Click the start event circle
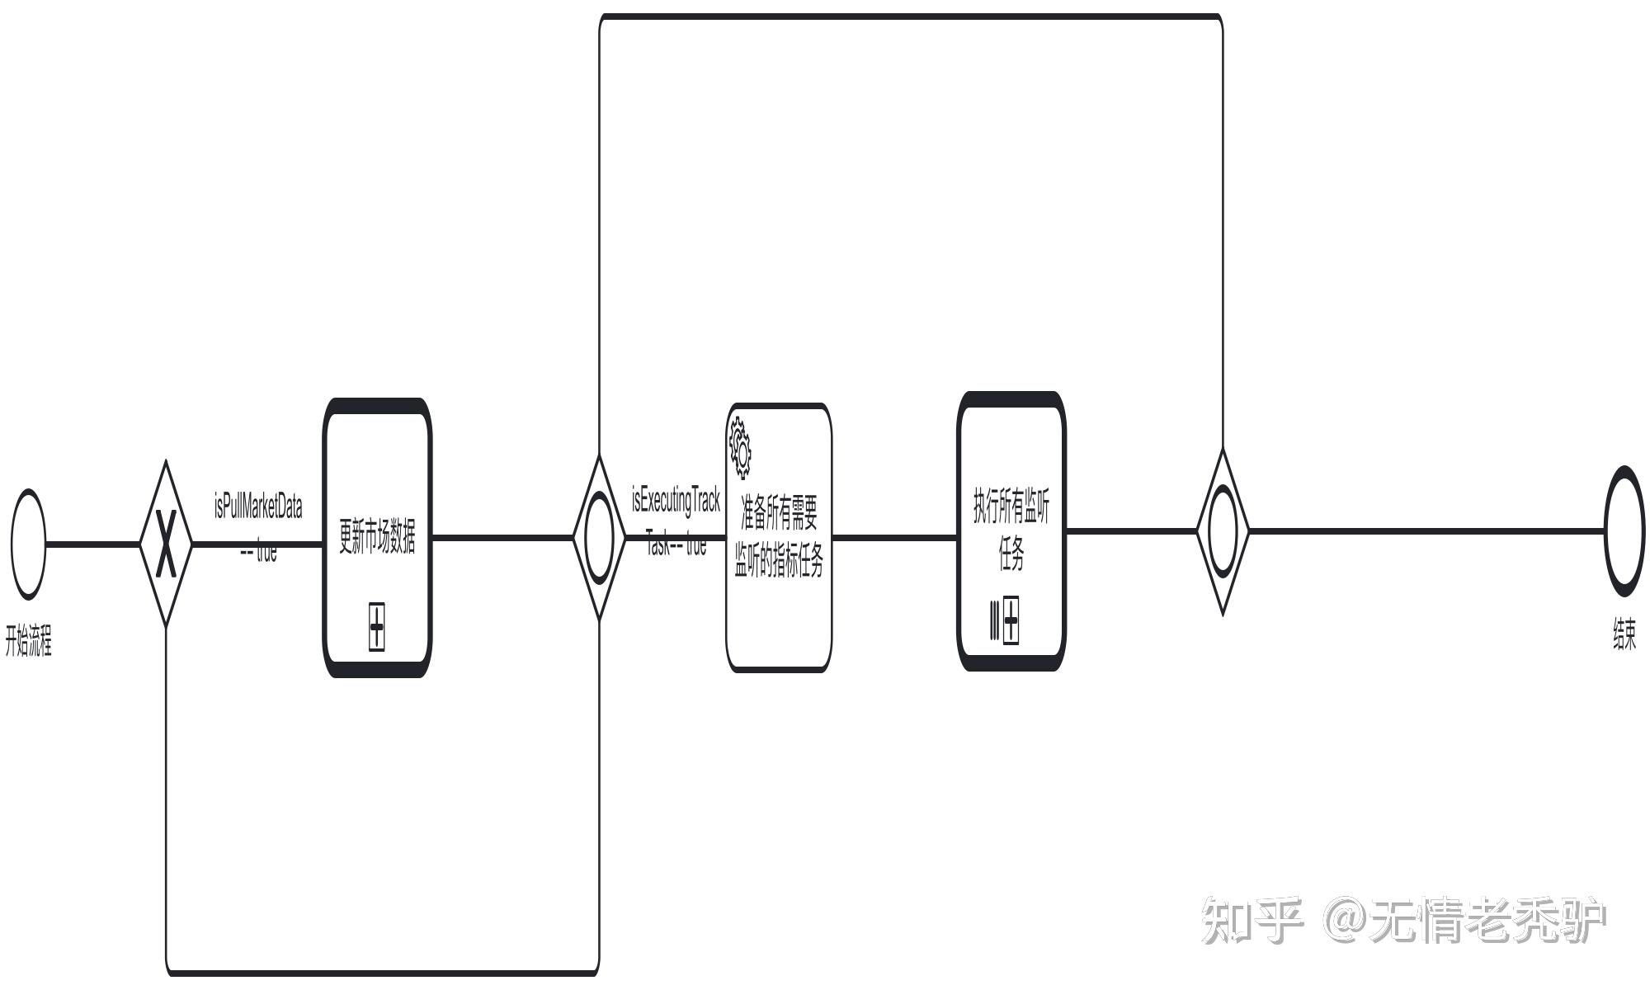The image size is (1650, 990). pyautogui.click(x=29, y=544)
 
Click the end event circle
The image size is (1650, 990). pyautogui.click(x=1624, y=530)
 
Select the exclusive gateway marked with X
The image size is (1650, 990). pyautogui.click(x=166, y=544)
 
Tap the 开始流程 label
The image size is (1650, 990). pyautogui.click(x=29, y=641)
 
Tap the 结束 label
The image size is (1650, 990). pyautogui.click(x=1624, y=634)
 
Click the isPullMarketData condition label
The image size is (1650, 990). pyautogui.click(x=258, y=507)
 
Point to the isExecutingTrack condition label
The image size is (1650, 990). pyautogui.click(x=676, y=501)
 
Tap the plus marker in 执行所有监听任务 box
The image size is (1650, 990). pyautogui.click(x=1011, y=620)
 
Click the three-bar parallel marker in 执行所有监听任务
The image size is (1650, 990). pyautogui.click(x=994, y=620)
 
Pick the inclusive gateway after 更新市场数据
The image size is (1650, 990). pyautogui.click(x=599, y=537)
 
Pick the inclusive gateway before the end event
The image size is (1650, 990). pyautogui.click(x=1223, y=530)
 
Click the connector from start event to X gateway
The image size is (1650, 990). pyautogui.click(x=92, y=544)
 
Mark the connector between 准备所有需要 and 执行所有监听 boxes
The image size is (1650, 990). pyautogui.click(x=894, y=538)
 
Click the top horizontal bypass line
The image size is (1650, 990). pyautogui.click(x=907, y=16)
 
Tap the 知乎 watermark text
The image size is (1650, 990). pyautogui.click(x=1252, y=920)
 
